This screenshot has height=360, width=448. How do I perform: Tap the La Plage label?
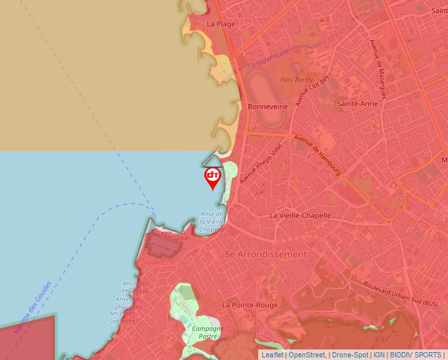click(x=221, y=24)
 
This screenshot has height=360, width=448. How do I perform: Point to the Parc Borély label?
click(x=296, y=80)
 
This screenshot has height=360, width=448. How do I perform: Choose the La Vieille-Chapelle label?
click(x=300, y=215)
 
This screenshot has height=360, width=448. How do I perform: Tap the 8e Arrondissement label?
click(x=266, y=254)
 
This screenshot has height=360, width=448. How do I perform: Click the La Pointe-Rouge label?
click(x=250, y=305)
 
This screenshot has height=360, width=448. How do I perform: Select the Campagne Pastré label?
click(x=208, y=332)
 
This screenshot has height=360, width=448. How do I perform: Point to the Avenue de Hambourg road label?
click(x=317, y=157)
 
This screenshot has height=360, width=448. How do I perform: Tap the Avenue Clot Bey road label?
click(x=312, y=90)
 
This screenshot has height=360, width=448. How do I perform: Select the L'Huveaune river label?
click(x=271, y=61)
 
